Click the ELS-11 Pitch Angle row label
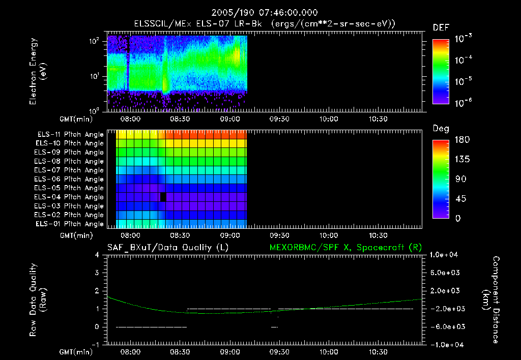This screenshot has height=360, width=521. point(70,134)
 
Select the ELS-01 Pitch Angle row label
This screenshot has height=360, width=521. point(70,224)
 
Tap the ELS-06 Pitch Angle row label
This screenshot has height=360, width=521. point(70,179)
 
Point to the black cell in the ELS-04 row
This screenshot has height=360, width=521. point(163,197)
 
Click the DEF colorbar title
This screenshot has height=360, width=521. point(441,27)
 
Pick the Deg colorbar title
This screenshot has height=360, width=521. point(441,129)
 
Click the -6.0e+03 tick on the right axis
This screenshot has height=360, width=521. point(445,326)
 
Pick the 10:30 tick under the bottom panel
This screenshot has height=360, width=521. point(378,352)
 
